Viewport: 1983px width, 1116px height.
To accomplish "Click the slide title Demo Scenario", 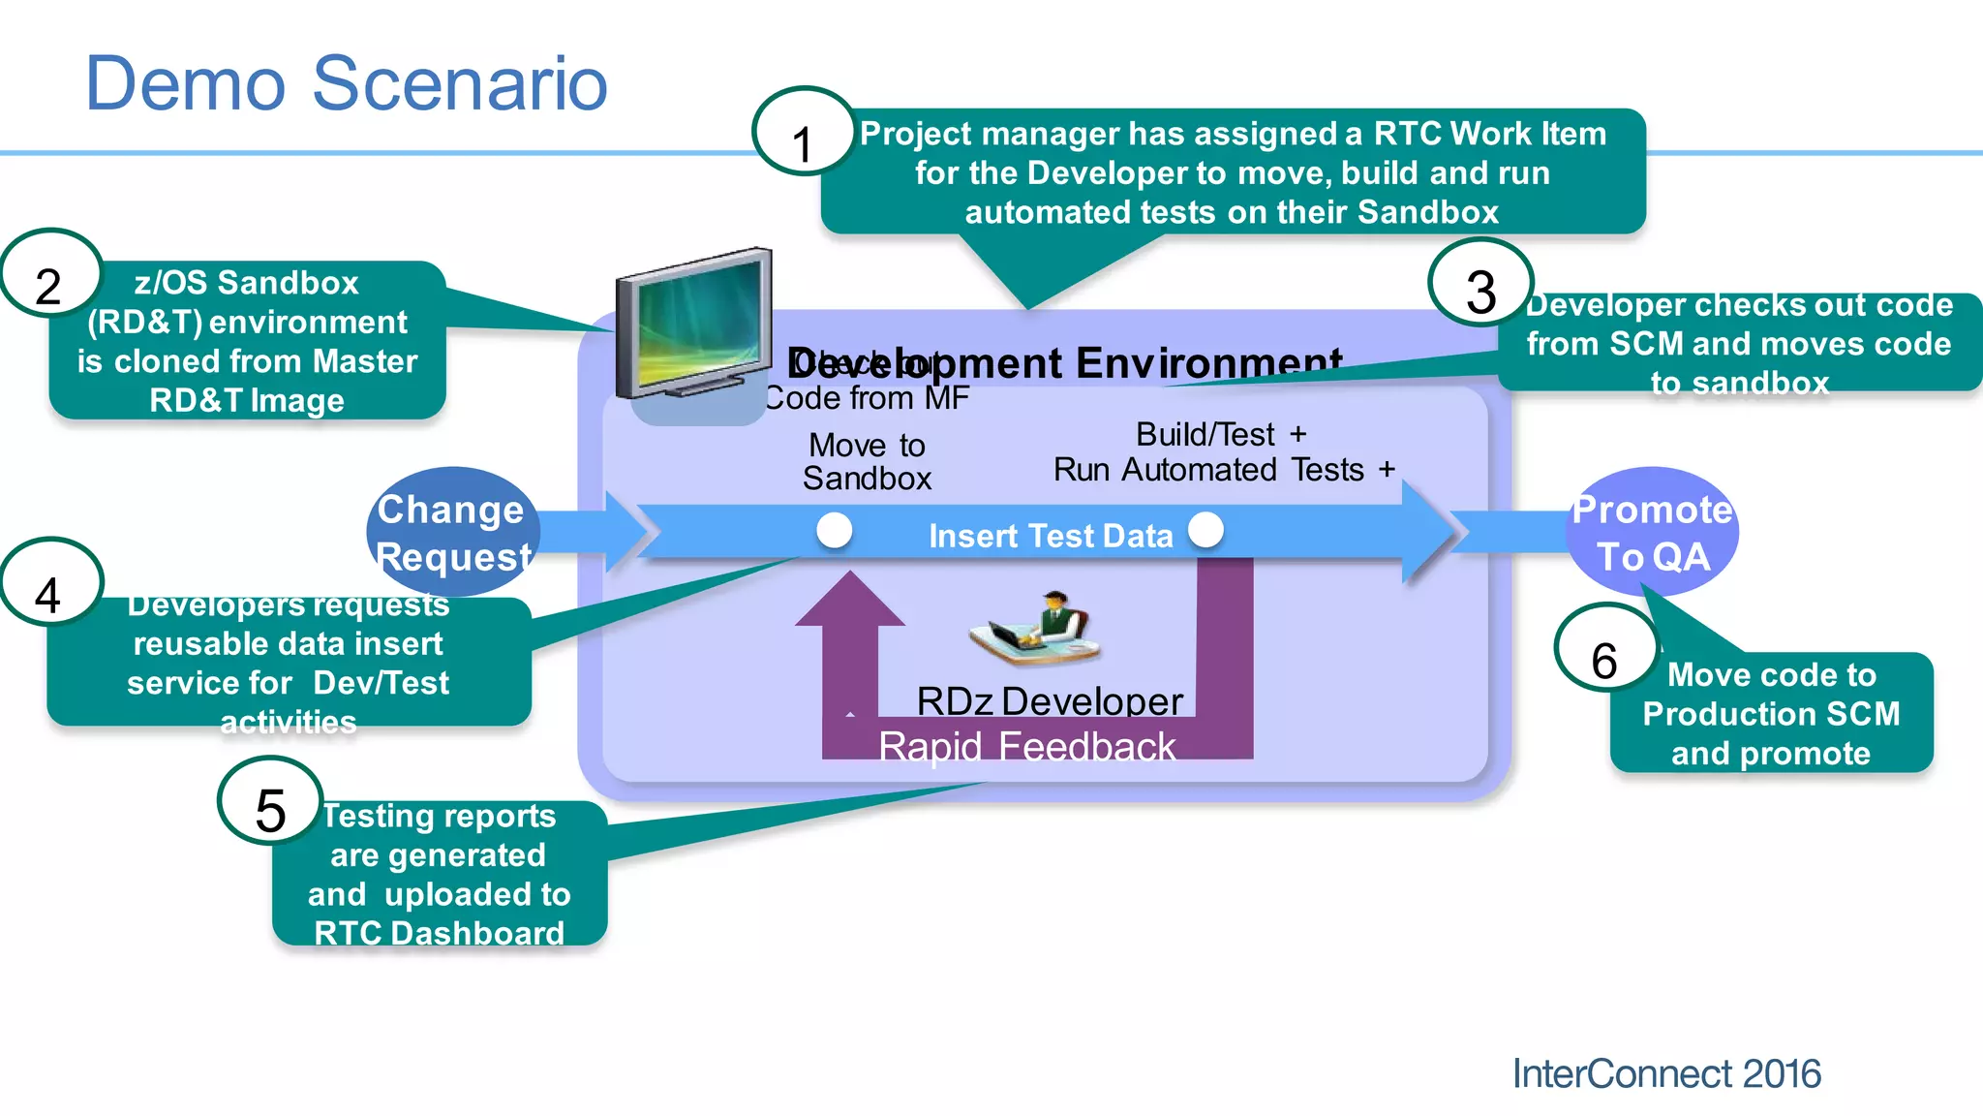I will [x=346, y=83].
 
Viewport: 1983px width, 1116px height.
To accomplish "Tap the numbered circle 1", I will [x=803, y=131].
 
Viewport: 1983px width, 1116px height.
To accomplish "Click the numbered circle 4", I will [x=50, y=583].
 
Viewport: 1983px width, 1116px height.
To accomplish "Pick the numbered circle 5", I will [x=270, y=801].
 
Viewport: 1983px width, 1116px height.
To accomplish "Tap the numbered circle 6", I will [x=1605, y=648].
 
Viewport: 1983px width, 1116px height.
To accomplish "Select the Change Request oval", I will [x=452, y=532].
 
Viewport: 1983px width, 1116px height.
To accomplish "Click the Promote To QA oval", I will [x=1652, y=532].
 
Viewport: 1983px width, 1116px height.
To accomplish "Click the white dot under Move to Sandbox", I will [x=834, y=531].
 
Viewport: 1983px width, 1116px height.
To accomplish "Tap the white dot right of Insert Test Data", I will [x=1205, y=530].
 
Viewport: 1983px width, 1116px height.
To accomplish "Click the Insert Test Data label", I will [x=1051, y=536].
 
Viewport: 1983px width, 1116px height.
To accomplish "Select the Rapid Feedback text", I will [x=1026, y=747].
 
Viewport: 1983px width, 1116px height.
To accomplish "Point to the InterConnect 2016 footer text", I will [x=1665, y=1073].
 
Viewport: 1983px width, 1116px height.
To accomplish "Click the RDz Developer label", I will [x=1050, y=701].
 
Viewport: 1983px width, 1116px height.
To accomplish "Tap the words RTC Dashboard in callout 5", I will [x=439, y=933].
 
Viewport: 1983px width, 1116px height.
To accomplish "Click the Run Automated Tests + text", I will [x=1224, y=470].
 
